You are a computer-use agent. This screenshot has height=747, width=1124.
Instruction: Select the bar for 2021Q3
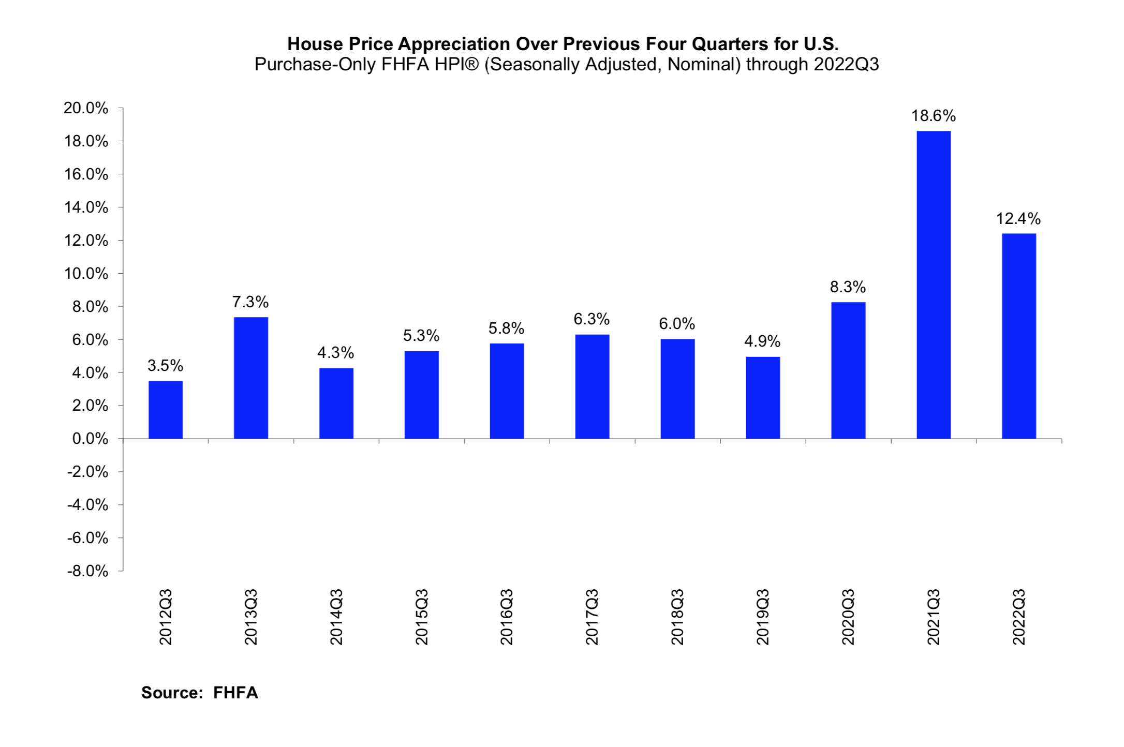pos(933,285)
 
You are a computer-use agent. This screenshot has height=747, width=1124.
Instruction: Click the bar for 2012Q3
pos(166,410)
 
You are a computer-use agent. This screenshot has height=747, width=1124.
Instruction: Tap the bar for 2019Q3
pos(763,397)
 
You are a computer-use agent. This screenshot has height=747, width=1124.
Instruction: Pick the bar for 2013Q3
pos(251,378)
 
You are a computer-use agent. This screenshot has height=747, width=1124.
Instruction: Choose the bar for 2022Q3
pos(1018,336)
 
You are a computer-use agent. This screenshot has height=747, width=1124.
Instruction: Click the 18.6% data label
pos(933,116)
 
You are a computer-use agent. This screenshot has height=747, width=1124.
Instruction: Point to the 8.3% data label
pos(848,287)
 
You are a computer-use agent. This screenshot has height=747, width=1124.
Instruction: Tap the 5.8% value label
pos(506,328)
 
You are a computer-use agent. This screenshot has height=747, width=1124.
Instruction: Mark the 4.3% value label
pos(335,353)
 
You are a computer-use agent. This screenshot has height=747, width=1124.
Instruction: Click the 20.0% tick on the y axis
pos(86,108)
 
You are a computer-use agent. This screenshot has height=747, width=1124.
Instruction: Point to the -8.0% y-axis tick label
pos(87,571)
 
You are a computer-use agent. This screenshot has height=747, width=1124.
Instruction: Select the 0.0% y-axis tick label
pos(90,439)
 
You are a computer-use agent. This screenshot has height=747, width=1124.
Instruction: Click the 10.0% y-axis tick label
pos(86,274)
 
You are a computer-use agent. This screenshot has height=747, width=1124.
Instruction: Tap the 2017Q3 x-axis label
pos(592,617)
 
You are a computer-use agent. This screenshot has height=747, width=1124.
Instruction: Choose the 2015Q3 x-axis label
pos(422,617)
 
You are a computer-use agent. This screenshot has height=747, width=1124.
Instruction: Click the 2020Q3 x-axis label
pos(848,617)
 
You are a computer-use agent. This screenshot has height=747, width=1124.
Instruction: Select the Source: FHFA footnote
pos(199,693)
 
